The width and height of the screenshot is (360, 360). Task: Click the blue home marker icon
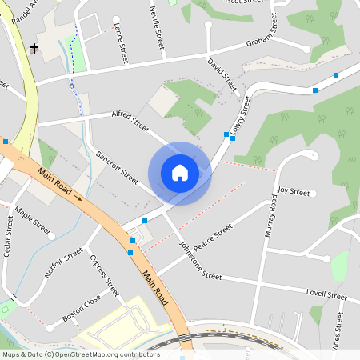[x=180, y=173]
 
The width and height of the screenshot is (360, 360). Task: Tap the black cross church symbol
[x=34, y=49]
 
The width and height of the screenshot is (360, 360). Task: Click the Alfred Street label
[x=130, y=121]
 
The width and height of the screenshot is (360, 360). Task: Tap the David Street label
[x=222, y=73]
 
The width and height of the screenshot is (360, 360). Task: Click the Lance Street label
[x=122, y=43]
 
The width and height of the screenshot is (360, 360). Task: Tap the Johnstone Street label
[x=200, y=260]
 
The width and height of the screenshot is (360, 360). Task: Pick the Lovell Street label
[x=326, y=295]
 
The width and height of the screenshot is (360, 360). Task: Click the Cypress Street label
[x=105, y=274]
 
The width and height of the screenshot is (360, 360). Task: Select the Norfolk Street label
[x=64, y=262]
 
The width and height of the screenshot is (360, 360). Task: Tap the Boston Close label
[x=82, y=310]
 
